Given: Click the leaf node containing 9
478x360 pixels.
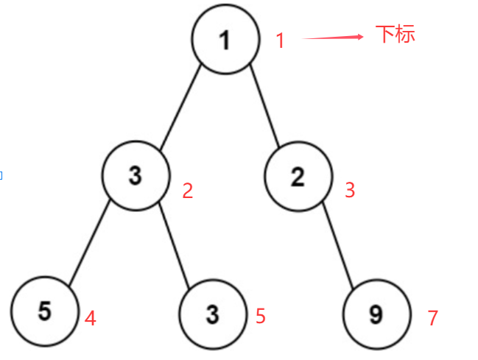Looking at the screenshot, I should coord(376,314).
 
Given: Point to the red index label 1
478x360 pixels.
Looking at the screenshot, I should coord(280,40).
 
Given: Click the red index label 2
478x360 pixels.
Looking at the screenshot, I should coord(187,191).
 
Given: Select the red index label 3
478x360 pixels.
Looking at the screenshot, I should coord(350,190).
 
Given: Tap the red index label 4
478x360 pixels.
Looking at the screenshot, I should coord(90,319).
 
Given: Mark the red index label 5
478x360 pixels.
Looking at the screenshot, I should coord(260,317).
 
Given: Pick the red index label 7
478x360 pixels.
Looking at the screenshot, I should coord(433,319).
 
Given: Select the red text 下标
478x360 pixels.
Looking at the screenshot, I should coord(396,34).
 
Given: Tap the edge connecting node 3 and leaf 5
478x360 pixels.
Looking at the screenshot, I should coord(90,243).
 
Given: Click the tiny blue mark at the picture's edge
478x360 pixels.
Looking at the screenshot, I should coord(1,175).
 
